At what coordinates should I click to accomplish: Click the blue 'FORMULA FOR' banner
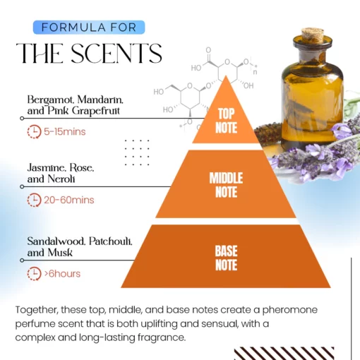point(89,28)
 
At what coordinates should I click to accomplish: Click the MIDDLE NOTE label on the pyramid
point(227,184)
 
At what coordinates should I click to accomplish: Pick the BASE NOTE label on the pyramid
point(226,257)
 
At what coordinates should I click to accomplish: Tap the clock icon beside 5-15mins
point(34,131)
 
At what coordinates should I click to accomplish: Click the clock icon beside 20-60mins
point(34,200)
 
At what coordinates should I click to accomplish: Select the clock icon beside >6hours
point(34,273)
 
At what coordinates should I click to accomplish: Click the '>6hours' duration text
point(64,273)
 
